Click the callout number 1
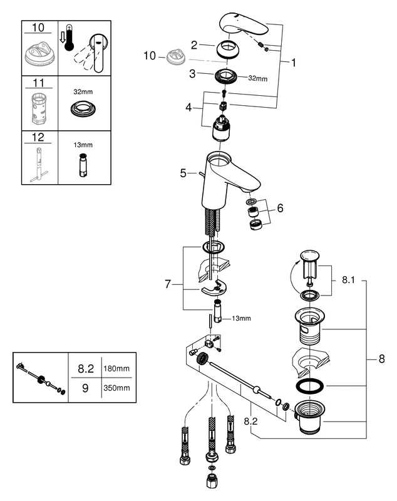pos(293,63)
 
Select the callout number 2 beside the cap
pos(194,44)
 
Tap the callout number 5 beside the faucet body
pos(183,173)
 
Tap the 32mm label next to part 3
pos(257,79)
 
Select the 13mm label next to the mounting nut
pos(241,318)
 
